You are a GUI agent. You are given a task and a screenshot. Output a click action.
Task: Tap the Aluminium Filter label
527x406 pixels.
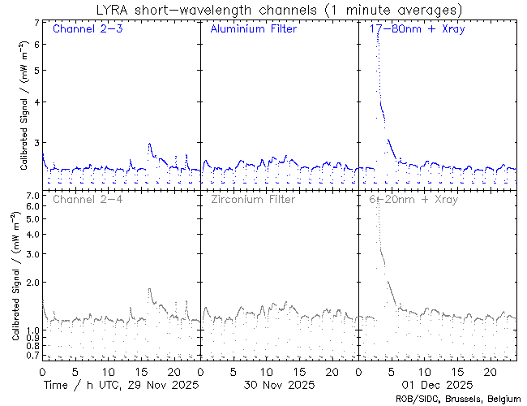253,30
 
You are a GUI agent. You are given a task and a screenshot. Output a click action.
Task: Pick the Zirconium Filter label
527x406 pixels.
253,199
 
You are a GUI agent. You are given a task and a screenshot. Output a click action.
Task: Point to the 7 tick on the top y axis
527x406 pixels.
36,24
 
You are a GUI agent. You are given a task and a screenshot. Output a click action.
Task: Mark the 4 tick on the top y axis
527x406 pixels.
36,102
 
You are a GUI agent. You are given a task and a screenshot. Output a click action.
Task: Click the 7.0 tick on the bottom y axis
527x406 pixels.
33,197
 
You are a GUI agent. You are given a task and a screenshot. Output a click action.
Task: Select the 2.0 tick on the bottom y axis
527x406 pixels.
33,283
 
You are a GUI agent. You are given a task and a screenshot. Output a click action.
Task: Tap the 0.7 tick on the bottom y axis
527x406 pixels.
33,356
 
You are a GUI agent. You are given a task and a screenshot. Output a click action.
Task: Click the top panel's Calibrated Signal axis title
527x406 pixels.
24,106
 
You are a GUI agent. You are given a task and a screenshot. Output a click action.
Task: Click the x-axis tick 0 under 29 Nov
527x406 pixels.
42,370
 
